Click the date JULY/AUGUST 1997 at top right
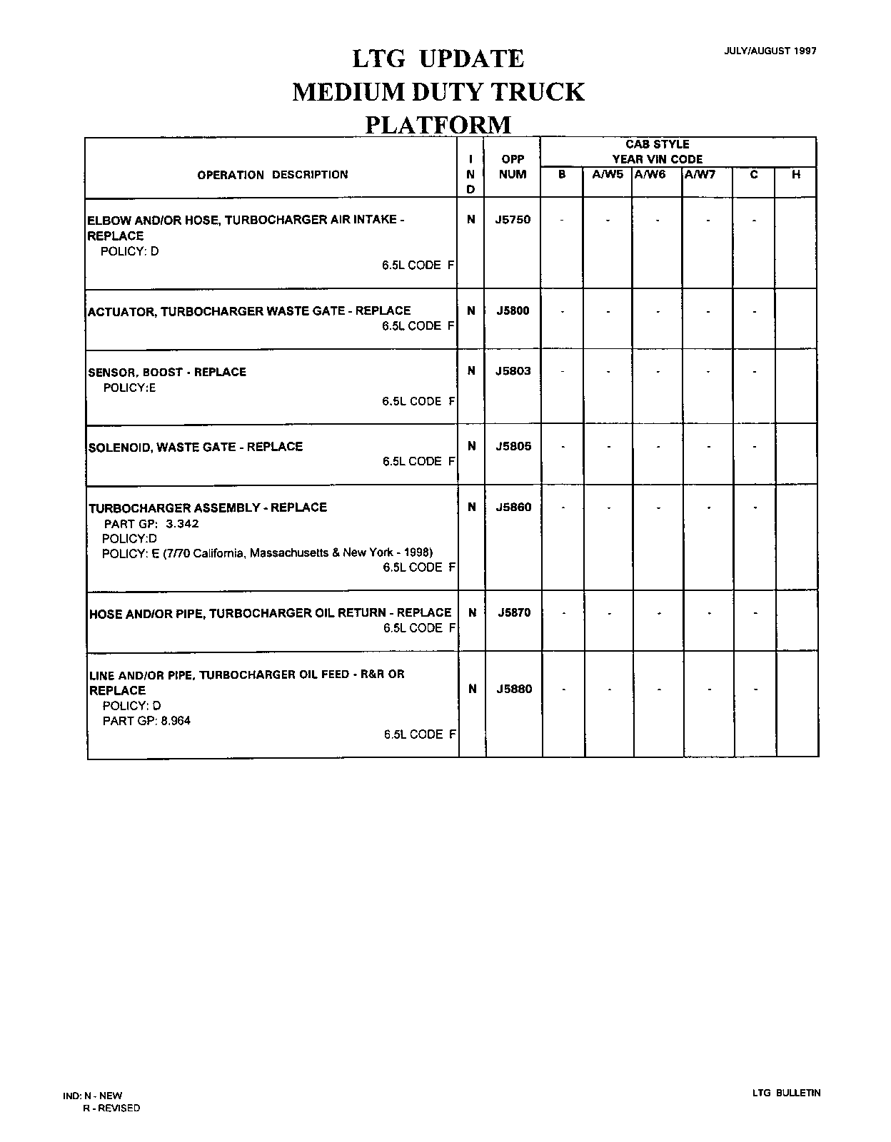[770, 51]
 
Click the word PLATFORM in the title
[438, 125]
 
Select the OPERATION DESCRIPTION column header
[273, 175]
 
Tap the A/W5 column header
[608, 174]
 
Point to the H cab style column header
[796, 174]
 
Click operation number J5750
[513, 220]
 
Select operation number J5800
[513, 311]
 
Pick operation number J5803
[513, 371]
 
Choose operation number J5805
[513, 447]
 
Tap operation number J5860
[514, 507]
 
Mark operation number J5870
[514, 612]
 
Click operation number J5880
[514, 689]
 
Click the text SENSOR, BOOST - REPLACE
[167, 372]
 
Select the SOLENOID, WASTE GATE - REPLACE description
[196, 447]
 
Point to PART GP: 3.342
[151, 524]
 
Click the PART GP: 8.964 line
[146, 721]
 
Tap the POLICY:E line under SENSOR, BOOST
[129, 388]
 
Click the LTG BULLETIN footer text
[786, 1093]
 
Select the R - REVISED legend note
[111, 1108]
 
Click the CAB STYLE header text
[658, 145]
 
